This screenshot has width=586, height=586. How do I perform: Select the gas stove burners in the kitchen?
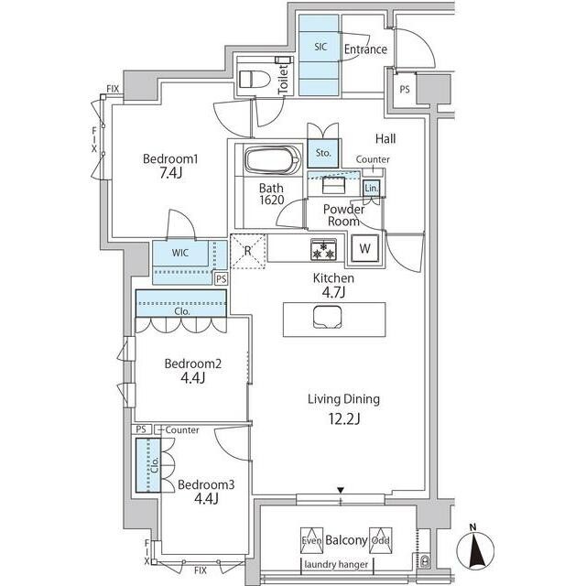point(323,250)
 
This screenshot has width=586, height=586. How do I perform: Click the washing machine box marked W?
point(364,248)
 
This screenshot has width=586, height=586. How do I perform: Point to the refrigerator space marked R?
point(248,251)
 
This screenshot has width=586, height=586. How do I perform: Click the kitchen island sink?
point(328,318)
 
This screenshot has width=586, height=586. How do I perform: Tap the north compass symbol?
point(475,547)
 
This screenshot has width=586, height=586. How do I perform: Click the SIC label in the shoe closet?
point(320,47)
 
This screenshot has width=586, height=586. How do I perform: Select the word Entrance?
point(365,49)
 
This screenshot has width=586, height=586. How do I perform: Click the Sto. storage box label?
point(323,153)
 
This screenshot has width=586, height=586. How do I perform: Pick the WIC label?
point(180,253)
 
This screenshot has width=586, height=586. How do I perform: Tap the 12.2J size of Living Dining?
point(344,419)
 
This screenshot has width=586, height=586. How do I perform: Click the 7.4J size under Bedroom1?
point(170,173)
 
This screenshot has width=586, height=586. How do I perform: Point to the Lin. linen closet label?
point(371,188)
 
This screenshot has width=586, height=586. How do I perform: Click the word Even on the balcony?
point(311,540)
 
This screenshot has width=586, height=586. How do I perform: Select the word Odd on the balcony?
point(381,540)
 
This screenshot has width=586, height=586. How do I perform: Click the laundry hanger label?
point(336,564)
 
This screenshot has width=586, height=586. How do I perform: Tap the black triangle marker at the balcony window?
point(340,490)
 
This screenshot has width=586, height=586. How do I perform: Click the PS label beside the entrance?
point(405,90)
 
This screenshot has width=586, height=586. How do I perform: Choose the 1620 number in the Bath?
point(272,201)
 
